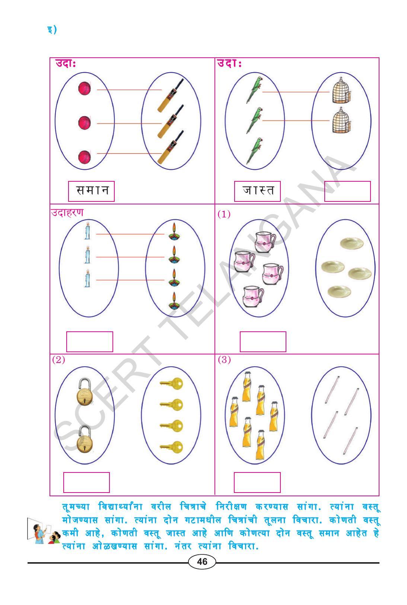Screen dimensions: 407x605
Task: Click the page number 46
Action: click(x=202, y=561)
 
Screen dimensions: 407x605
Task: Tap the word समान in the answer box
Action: click(x=92, y=190)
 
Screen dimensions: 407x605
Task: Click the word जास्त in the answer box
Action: click(x=258, y=190)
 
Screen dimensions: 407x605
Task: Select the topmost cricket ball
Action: click(x=85, y=88)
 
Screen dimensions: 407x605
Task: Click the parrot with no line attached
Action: click(x=254, y=151)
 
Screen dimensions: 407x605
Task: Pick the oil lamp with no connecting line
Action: click(x=174, y=300)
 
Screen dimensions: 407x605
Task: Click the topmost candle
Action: click(x=87, y=231)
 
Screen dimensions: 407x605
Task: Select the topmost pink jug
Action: click(x=265, y=241)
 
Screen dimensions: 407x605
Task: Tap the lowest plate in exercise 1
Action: click(x=339, y=292)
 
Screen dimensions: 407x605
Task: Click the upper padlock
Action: click(x=85, y=392)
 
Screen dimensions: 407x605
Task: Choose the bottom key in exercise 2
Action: click(x=171, y=447)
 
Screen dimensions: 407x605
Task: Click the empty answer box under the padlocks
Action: click(x=86, y=483)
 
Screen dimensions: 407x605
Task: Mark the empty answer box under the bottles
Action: click(x=257, y=483)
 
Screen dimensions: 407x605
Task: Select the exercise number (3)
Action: click(x=224, y=360)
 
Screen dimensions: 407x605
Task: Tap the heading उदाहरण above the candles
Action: click(x=67, y=212)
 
